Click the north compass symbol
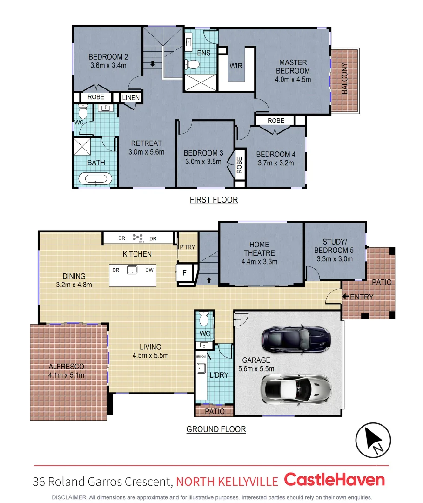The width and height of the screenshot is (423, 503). point(373,441)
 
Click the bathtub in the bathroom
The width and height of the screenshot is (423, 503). point(95,178)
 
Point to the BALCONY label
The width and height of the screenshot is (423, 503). point(344,78)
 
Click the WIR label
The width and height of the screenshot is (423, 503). point(236,66)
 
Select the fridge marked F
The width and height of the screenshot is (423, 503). point(184,273)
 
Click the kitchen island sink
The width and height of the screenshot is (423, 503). point(133,270)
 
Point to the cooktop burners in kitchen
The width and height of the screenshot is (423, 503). point(138,238)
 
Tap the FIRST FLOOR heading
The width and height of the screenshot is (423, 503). point(214,200)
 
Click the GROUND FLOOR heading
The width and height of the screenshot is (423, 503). point(216,429)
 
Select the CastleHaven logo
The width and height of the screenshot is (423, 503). point(334,480)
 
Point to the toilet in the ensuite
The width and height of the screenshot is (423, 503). point(192,66)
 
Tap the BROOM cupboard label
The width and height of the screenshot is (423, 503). point(201,356)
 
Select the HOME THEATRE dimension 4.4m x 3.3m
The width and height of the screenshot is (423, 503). point(259,261)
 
